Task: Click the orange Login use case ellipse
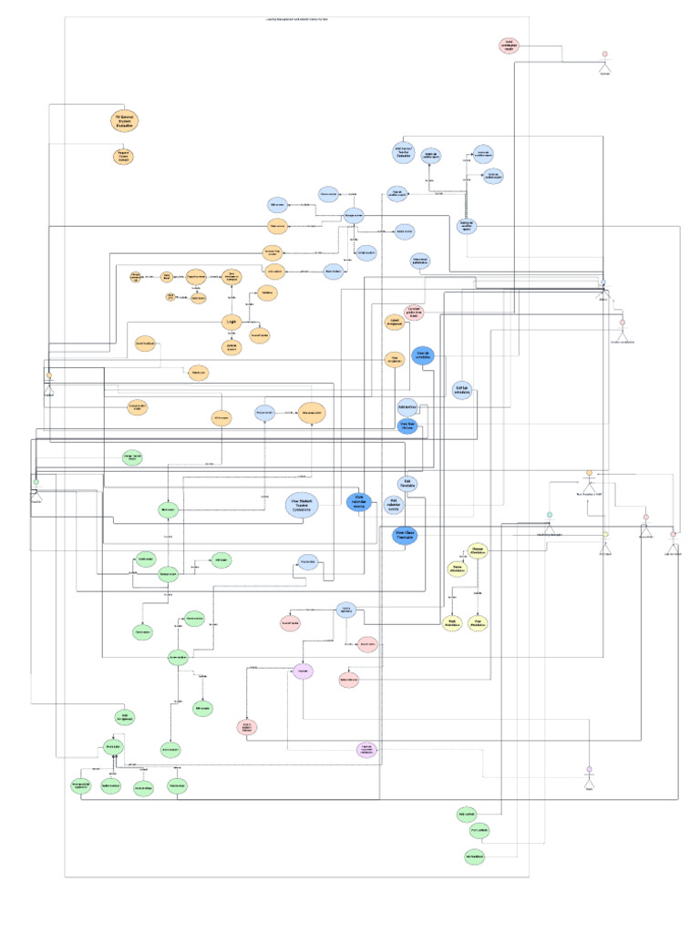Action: tap(232, 321)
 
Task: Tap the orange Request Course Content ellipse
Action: tap(123, 157)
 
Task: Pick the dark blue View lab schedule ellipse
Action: tap(423, 355)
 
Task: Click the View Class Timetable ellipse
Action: tap(404, 535)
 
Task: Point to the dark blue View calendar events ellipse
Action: tap(359, 500)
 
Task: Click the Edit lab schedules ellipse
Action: tap(462, 390)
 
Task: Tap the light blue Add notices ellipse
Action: tap(407, 405)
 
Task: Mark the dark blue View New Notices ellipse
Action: tap(407, 425)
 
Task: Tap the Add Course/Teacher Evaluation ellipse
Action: tap(404, 152)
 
